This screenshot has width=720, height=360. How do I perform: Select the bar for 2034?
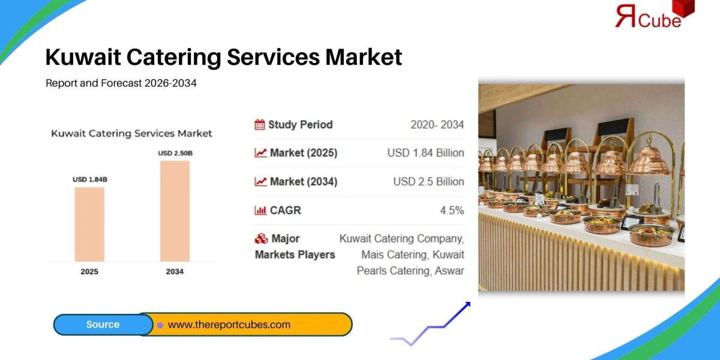tap(175, 211)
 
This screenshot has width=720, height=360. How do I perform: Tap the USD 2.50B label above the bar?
tap(175, 153)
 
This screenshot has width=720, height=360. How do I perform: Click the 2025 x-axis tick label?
tap(89, 272)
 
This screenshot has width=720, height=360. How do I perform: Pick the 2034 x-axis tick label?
tap(175, 272)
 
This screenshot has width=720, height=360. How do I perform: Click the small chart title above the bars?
tap(131, 133)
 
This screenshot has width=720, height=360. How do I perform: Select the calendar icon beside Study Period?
tap(260, 125)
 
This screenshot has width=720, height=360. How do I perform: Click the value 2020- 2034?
tap(437, 125)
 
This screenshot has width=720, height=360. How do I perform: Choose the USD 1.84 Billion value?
tap(425, 153)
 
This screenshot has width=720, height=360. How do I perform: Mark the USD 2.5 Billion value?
tap(428, 181)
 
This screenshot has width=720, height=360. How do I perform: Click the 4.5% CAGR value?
tap(452, 211)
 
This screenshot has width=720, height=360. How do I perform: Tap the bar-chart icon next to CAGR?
tap(260, 211)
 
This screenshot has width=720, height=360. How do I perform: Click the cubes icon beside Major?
tap(261, 239)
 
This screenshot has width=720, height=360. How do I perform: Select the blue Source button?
tap(103, 325)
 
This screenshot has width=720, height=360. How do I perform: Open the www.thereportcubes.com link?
tap(229, 325)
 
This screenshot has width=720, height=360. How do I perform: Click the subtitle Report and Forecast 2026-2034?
tap(121, 83)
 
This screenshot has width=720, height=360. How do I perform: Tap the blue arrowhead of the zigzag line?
tap(466, 305)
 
